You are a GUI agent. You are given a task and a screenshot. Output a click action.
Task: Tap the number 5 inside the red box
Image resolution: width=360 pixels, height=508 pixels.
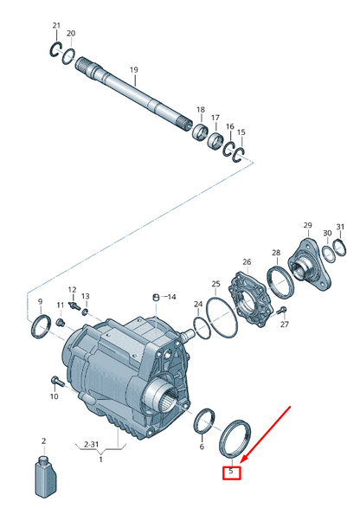click(231, 471)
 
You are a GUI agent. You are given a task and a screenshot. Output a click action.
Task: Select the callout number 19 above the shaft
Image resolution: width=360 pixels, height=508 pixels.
click(134, 69)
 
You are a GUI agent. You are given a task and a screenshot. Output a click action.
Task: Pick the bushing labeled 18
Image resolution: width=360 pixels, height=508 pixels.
click(200, 132)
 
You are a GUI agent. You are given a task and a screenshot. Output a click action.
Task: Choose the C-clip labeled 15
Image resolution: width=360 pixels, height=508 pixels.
click(239, 155)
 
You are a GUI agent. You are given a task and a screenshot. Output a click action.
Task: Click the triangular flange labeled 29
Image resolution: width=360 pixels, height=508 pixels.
click(308, 263)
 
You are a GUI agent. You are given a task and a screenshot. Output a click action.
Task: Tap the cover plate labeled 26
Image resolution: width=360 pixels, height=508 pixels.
click(248, 297)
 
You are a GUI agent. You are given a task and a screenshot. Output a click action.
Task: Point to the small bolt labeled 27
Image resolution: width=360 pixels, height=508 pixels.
click(282, 311)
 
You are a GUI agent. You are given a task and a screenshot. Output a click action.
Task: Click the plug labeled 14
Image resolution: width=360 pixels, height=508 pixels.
click(156, 297)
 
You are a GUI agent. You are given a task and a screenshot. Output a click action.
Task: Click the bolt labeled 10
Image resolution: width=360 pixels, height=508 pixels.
click(56, 382)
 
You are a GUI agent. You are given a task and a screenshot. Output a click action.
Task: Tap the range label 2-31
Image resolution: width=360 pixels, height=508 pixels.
click(91, 444)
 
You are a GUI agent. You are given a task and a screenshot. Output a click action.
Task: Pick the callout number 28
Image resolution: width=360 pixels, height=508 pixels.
click(276, 253)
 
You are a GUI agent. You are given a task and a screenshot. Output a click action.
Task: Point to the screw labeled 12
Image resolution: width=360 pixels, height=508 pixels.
click(74, 305)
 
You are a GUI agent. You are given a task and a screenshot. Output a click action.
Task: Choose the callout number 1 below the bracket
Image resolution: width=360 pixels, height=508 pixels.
click(100, 459)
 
